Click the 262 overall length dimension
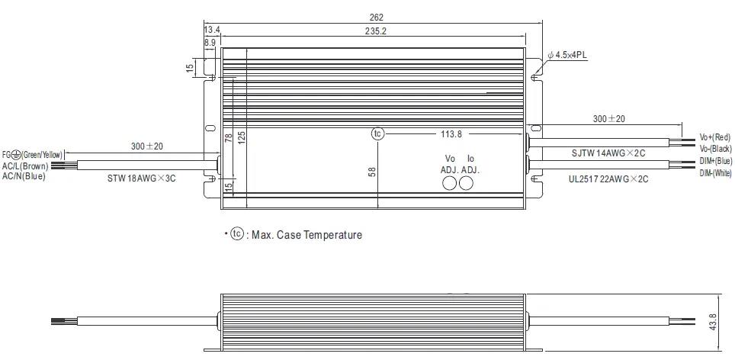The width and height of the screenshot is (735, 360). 374,17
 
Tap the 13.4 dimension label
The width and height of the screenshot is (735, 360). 212,30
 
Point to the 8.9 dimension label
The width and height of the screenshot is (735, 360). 210,43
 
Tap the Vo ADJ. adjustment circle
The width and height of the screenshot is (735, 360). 450,184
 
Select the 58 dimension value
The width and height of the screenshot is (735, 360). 372,172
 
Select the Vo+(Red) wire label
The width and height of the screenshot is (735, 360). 716,138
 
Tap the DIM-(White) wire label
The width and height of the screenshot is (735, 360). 716,174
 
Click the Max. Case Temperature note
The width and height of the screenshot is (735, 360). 299,235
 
